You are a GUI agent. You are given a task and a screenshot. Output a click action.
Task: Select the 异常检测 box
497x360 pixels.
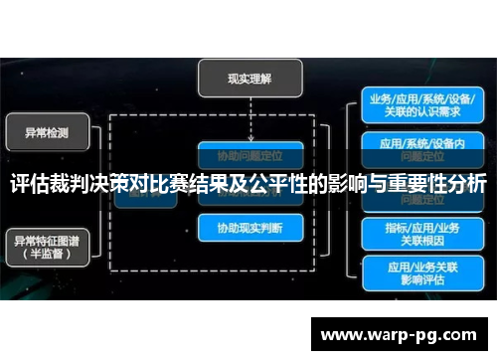(x=49, y=130)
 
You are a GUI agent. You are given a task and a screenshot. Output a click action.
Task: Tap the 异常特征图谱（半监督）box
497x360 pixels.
(x=49, y=245)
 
